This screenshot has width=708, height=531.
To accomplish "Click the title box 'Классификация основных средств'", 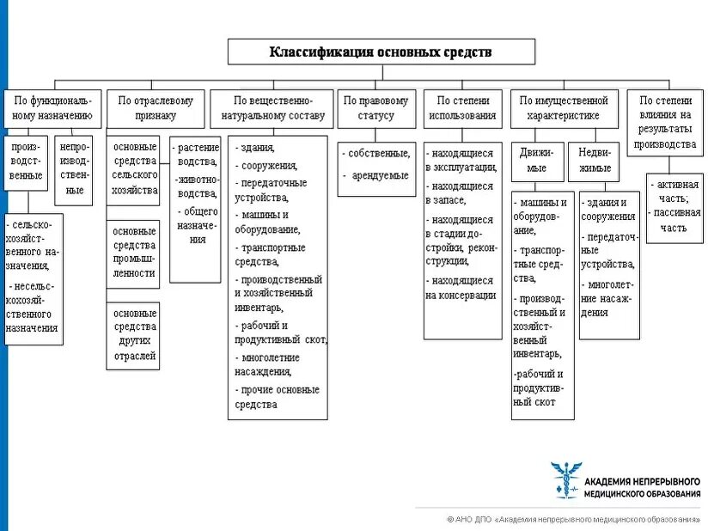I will point(381,52).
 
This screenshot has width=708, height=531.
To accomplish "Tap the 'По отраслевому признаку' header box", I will point(156,108).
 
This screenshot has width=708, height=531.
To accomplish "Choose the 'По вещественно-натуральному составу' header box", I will point(272,108).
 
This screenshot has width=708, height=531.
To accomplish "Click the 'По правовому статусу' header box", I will point(376,108).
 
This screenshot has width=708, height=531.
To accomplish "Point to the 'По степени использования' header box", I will point(462,108).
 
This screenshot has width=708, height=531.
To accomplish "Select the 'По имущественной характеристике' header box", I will point(563,108).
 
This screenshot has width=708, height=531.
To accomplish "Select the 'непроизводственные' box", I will point(75,168).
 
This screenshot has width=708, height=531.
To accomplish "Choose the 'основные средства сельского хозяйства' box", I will point(135,168).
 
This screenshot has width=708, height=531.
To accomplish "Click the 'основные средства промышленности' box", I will point(135,253).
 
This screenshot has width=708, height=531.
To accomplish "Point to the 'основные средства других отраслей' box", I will point(133,335).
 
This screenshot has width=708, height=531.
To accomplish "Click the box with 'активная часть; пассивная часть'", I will point(674,206).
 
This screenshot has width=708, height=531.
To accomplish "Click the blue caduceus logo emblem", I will point(565,479).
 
